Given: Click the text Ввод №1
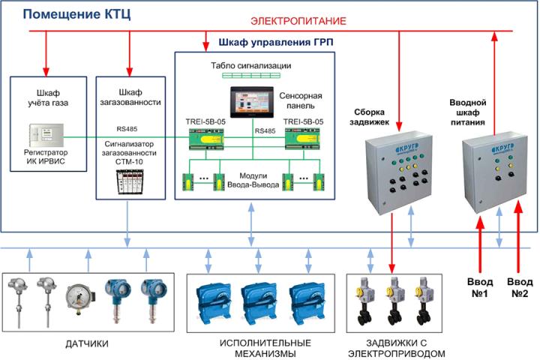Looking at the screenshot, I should pos(480,286).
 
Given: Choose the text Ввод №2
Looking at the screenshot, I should pos(520,286).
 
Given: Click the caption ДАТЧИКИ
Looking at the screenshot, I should pos(88,343).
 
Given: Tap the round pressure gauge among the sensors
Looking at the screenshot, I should pos(79,297).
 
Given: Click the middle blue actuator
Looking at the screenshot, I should pos(259,298).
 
